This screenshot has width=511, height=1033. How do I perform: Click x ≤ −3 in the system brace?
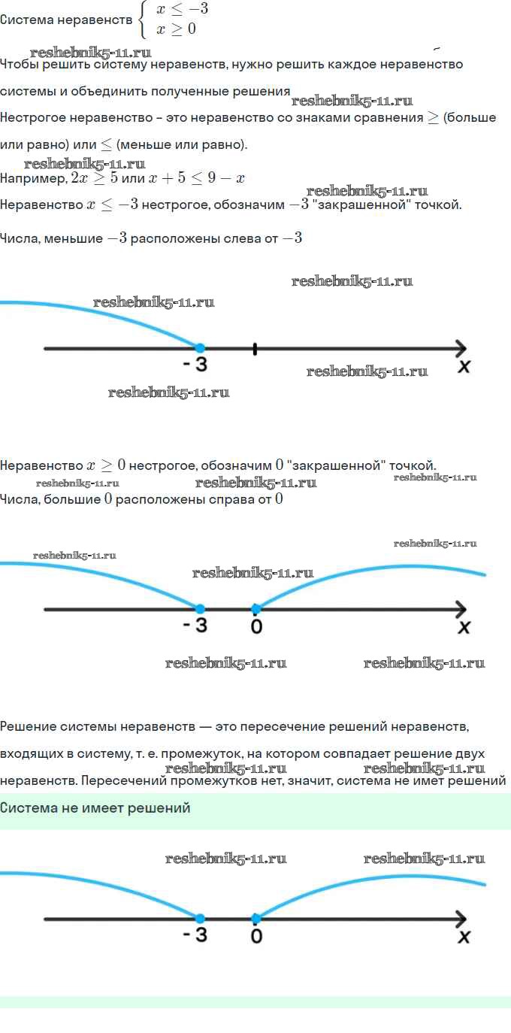point(183,8)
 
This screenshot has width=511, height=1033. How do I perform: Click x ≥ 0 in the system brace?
point(177,29)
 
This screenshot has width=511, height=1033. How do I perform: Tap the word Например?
point(34,178)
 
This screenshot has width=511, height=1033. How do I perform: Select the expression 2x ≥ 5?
point(95,178)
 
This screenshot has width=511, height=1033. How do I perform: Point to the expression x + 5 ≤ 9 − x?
point(197,178)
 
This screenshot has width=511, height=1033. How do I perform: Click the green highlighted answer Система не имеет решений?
point(95,808)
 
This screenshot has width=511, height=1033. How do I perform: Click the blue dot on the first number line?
point(200,348)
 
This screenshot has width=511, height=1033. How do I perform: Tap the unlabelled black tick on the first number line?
point(255,349)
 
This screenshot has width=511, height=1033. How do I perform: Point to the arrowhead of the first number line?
point(461,348)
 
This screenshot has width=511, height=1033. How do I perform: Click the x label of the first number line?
point(464,367)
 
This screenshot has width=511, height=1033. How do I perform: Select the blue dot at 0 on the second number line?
point(255,609)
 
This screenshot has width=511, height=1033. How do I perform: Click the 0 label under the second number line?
point(257,626)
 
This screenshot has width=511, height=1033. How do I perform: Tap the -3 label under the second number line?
point(195,626)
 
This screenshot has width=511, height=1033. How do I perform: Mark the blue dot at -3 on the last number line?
point(200,919)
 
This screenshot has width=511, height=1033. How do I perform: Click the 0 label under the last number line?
point(257,936)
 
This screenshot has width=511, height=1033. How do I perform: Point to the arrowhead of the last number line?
point(461,919)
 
